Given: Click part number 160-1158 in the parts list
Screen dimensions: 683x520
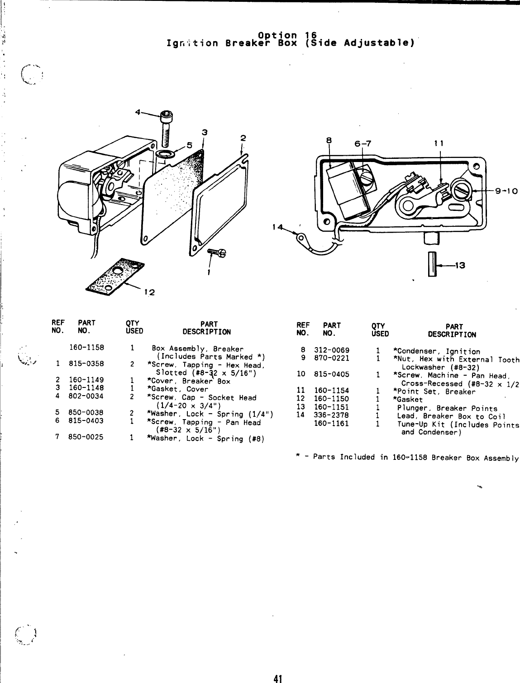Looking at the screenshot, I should point(86,348).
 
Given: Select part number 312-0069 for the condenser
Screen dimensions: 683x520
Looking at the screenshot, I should point(331,351).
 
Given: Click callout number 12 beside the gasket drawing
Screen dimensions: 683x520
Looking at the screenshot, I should point(149,292).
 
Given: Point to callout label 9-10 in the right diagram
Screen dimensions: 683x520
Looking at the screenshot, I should point(506,191).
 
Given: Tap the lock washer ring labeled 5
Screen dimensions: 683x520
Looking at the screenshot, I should point(164,154).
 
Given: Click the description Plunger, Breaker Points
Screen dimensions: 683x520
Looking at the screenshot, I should point(447,408).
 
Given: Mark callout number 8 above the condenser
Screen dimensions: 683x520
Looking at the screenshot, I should point(329,140).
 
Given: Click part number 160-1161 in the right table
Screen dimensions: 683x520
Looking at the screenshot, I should point(331,424).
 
